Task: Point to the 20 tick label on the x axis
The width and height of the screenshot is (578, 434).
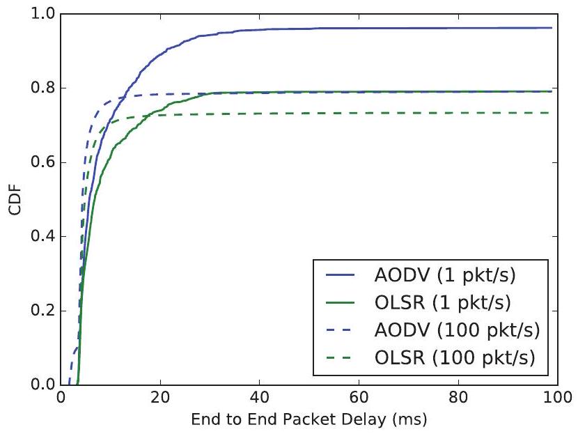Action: coord(160,400)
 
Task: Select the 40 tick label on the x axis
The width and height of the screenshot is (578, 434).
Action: coord(259,400)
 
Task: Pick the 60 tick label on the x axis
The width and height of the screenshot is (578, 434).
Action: coord(358,400)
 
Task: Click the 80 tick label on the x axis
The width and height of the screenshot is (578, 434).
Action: coord(457,400)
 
